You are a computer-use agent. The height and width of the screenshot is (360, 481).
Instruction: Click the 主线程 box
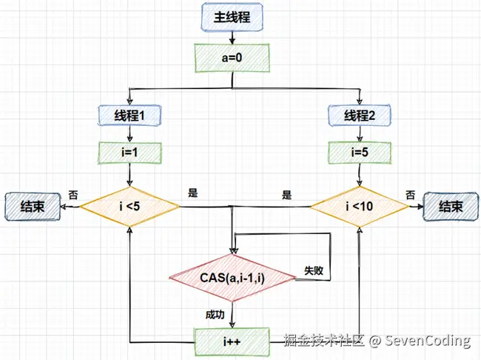232,17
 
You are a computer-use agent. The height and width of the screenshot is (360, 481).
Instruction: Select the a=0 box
232,58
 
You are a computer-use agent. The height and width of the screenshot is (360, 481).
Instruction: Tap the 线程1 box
129,116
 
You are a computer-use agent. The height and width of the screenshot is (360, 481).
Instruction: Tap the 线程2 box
360,116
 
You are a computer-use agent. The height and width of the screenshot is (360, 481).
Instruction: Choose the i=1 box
129,153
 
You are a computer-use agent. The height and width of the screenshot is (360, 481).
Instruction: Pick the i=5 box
360,153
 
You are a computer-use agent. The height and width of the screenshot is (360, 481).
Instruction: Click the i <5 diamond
129,207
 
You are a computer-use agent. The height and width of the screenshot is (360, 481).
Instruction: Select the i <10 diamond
360,207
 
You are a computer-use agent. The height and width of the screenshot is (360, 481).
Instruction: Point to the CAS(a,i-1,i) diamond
232,278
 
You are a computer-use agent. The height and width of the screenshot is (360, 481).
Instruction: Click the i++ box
232,342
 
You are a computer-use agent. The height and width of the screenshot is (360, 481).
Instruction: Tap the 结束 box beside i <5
33,207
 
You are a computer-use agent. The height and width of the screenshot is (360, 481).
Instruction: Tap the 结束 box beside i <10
451,207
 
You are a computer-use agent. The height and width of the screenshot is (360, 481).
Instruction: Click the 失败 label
314,270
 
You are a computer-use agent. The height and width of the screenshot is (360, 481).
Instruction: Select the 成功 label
215,315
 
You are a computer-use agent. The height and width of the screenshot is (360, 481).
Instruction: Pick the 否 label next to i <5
73,195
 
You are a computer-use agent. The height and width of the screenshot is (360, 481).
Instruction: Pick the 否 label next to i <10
411,195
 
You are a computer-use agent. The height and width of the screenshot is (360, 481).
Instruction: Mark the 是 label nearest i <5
193,193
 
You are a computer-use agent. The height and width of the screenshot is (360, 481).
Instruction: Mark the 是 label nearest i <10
287,195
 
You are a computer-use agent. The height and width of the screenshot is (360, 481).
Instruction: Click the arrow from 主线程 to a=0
232,38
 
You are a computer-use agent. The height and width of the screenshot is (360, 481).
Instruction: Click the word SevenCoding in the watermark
428,340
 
